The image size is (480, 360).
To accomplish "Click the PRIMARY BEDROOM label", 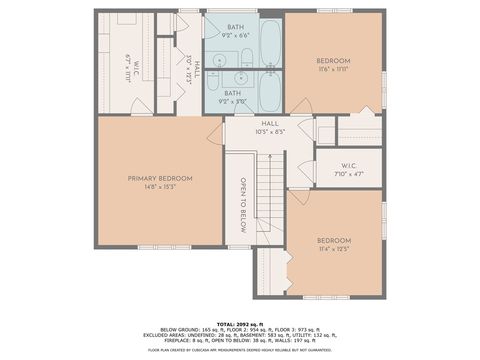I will pos(160,178).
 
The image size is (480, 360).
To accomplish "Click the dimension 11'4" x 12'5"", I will pos(334,248).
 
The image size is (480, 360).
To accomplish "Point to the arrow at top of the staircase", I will pos(266,151).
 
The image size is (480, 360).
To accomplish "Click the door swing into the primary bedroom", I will pos(214,134).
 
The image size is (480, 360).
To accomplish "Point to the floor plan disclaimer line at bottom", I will pos(240,350).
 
